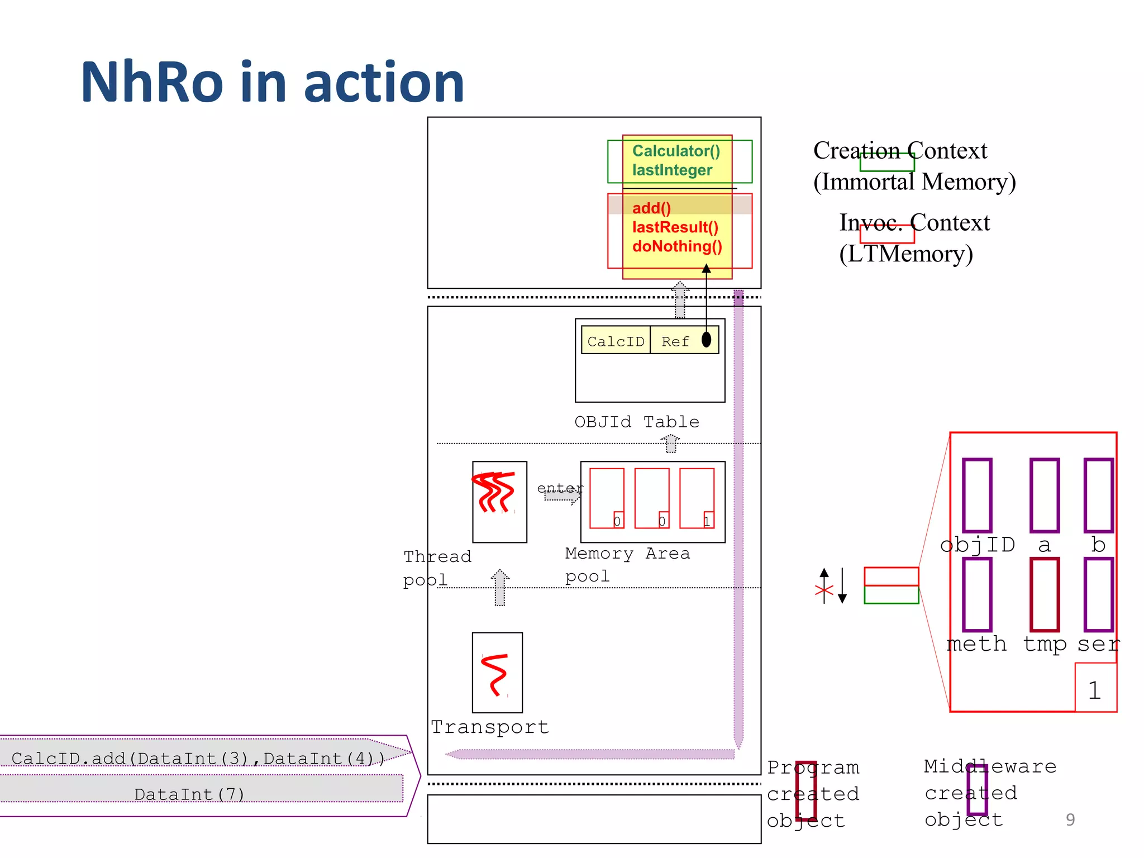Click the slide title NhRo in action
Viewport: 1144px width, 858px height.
coord(273,83)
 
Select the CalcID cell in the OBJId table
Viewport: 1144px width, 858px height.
coord(616,341)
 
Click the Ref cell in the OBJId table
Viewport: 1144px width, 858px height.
coord(675,341)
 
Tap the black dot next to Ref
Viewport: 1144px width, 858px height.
coord(706,339)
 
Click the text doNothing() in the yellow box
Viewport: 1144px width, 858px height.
coord(677,246)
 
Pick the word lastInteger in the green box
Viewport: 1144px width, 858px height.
coord(672,170)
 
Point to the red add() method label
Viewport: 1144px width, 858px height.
coord(651,208)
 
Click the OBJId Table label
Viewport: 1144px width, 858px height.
coord(637,422)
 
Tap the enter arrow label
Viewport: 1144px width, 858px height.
coord(560,488)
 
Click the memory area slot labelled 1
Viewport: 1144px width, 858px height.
coord(697,498)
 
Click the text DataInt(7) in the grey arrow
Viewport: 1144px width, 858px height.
coord(189,794)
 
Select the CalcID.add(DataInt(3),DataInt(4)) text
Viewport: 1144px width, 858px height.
coord(198,758)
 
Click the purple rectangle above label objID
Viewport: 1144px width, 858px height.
coord(977,495)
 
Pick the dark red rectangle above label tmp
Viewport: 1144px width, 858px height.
coord(1044,594)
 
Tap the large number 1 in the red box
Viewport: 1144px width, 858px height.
coord(1094,690)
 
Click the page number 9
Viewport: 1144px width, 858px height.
coord(1070,819)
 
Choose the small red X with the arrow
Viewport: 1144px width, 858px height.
coord(824,590)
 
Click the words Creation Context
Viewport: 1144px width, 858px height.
coord(900,151)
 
